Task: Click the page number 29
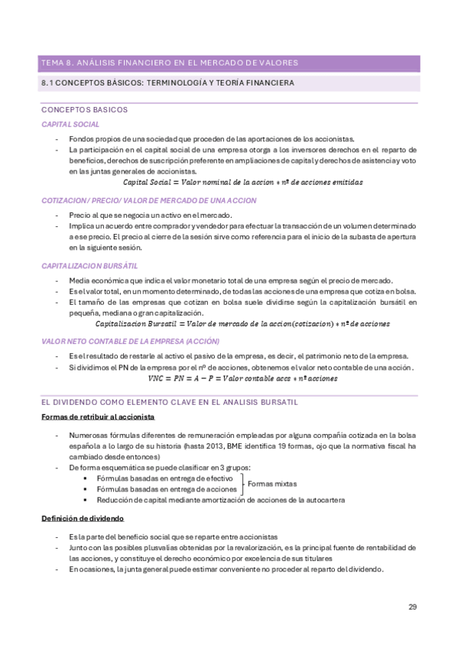click(412, 607)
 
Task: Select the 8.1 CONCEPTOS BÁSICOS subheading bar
click(167, 83)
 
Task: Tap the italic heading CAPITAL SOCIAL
click(70, 124)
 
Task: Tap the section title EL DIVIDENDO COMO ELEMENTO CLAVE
click(169, 401)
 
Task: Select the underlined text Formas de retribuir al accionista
click(98, 417)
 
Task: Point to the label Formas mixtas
click(272, 484)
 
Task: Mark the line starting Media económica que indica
click(230, 280)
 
